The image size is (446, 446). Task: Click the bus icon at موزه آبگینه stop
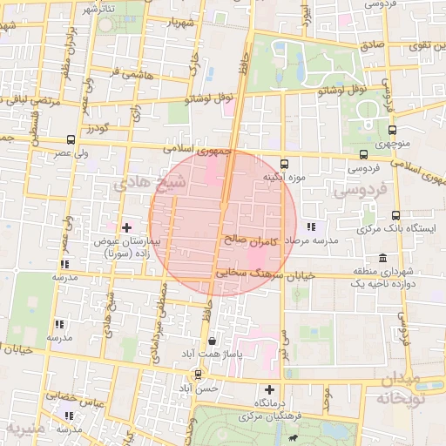click(x=285, y=163)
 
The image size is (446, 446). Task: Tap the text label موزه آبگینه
click(x=285, y=177)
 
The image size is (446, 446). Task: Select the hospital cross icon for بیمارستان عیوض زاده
click(x=125, y=226)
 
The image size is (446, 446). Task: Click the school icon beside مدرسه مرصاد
click(x=311, y=226)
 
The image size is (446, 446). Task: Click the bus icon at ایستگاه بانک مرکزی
click(x=396, y=215)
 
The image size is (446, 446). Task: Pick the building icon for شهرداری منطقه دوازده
click(x=383, y=259)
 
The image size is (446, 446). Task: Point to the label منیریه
click(x=23, y=429)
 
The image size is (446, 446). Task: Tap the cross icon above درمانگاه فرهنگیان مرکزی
click(x=269, y=389)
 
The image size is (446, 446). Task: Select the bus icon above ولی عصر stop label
click(x=70, y=139)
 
